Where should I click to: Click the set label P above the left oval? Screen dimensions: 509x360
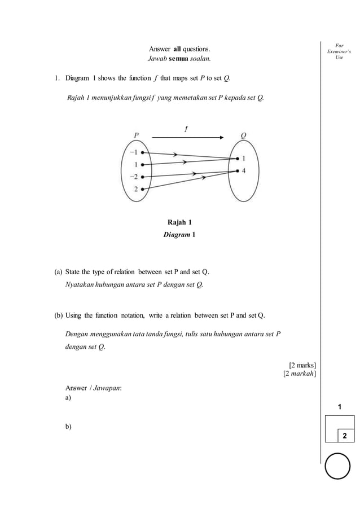(x=137, y=135)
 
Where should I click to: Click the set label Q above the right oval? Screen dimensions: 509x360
(x=243, y=135)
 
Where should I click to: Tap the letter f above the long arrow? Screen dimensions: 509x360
(x=186, y=129)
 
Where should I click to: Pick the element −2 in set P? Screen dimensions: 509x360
(x=133, y=177)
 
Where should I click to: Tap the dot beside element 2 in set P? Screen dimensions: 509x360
(x=143, y=189)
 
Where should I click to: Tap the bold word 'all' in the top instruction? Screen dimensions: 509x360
(x=177, y=49)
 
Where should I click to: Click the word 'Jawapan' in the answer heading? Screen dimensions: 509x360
(x=107, y=388)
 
